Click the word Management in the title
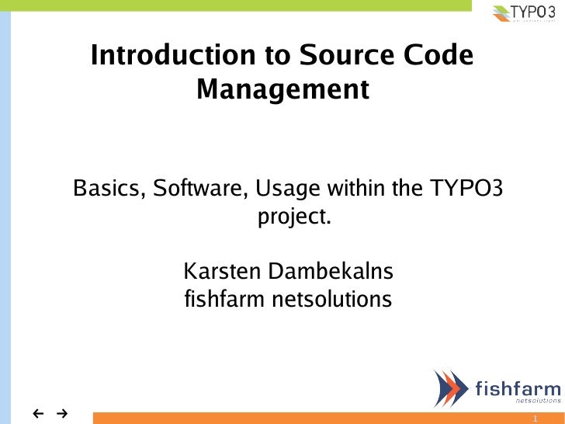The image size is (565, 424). pyautogui.click(x=282, y=91)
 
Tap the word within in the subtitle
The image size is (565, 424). pyautogui.click(x=359, y=189)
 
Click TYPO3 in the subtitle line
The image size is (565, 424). pyautogui.click(x=469, y=189)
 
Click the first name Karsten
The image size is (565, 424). pyautogui.click(x=223, y=272)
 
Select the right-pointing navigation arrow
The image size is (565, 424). pyautogui.click(x=61, y=412)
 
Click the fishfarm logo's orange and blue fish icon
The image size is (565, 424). pyautogui.click(x=449, y=388)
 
